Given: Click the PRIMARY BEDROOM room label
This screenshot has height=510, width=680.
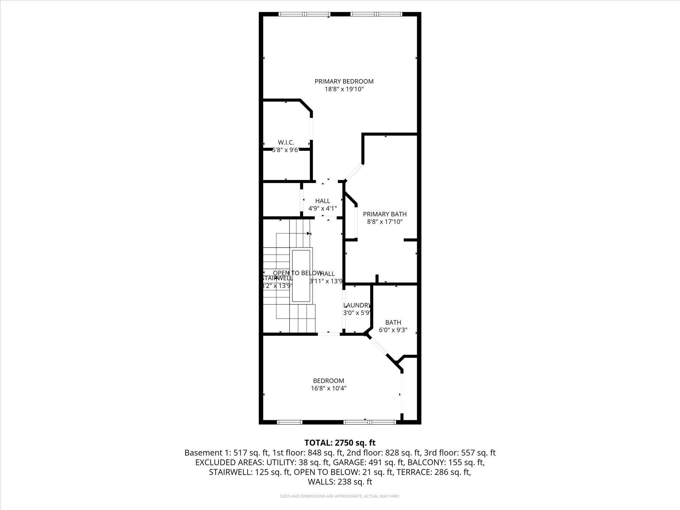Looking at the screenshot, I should (x=344, y=81).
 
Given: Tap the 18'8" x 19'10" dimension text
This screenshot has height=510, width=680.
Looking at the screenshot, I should (x=344, y=89).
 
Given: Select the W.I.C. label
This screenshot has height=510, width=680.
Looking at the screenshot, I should (x=286, y=142).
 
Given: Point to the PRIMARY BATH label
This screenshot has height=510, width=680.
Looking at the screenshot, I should (x=385, y=214).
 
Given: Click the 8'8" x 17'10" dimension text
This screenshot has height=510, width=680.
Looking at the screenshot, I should (x=385, y=222).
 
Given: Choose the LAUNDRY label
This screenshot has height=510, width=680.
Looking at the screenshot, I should (x=356, y=305).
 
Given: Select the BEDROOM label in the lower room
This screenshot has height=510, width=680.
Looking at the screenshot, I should (x=328, y=381).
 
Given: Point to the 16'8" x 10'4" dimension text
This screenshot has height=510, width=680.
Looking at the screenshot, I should (x=328, y=389).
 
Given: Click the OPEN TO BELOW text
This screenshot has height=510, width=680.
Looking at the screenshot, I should (x=297, y=273).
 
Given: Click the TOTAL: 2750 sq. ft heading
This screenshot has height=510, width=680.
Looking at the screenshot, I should (x=340, y=443).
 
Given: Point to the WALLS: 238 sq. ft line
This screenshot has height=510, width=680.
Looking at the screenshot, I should (x=340, y=482).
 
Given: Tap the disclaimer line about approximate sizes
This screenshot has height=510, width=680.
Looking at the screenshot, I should (x=340, y=496).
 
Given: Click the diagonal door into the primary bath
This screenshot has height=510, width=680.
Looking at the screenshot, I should (x=354, y=172).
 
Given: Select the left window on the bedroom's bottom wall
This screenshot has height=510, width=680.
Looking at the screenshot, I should (x=290, y=422).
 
